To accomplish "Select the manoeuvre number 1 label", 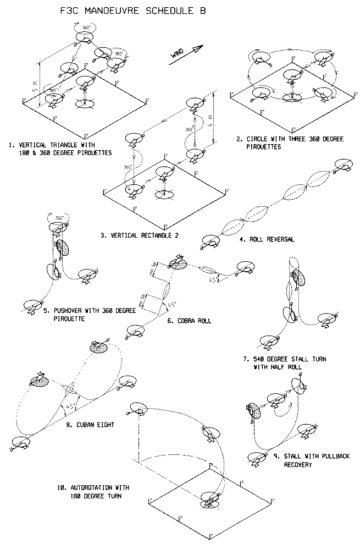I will pyautogui.click(x=10, y=145).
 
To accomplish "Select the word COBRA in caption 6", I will pyautogui.click(x=181, y=321).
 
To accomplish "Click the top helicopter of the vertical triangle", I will pyautogui.click(x=84, y=37).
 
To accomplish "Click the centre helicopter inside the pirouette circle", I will pyautogui.click(x=291, y=77).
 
